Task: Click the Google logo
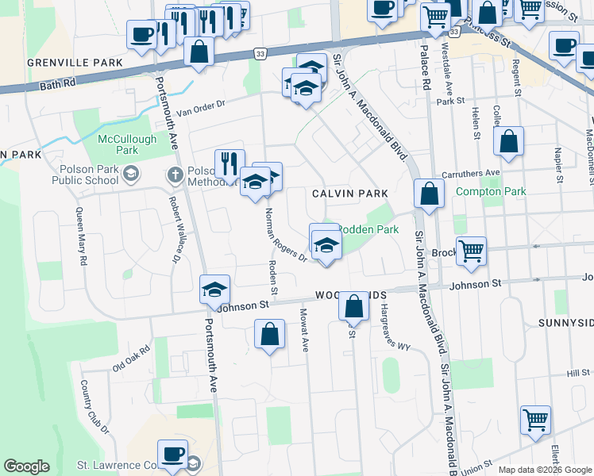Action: pos(26,466)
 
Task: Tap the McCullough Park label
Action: pos(118,144)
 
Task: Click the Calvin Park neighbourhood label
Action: pos(349,193)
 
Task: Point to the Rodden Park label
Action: pos(368,229)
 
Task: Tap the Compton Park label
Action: pos(491,191)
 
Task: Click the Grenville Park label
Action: pos(75,62)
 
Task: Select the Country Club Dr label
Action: pos(94,406)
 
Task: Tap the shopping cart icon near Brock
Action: pos(471,251)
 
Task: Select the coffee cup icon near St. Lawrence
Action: pos(172,455)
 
